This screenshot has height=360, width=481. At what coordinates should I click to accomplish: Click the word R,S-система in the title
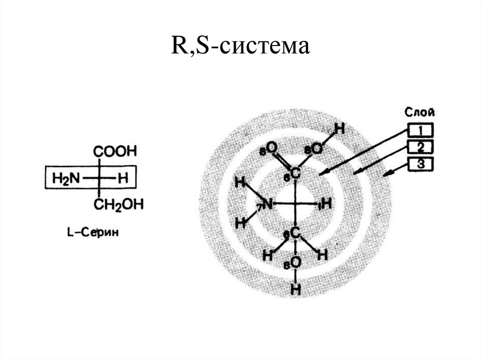pos(240,47)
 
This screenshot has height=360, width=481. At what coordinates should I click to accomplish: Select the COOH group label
pos(115,152)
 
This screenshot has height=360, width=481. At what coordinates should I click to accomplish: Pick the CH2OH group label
pos(118,204)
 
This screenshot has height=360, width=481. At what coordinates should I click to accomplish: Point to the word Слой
pos(419,112)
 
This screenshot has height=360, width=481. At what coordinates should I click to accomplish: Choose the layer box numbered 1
pos(420,130)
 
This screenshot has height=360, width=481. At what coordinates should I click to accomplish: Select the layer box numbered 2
pos(420,147)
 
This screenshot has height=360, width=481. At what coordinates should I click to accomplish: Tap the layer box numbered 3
pos(420,164)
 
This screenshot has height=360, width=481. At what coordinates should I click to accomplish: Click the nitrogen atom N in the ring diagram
pos(267,204)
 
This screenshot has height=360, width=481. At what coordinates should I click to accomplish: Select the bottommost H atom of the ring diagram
pos(295,289)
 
